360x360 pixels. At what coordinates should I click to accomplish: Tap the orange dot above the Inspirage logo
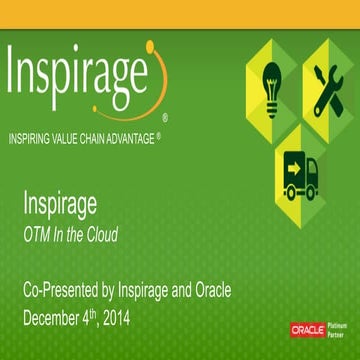click(149, 45)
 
